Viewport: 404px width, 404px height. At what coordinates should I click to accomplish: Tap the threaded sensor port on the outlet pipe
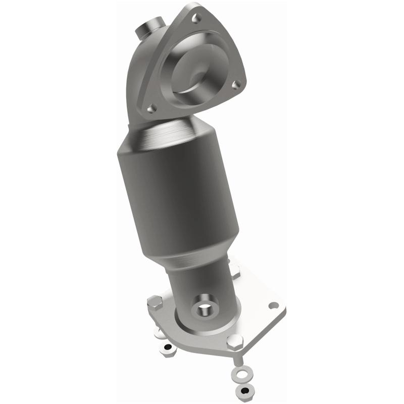pyautogui.click(x=205, y=308)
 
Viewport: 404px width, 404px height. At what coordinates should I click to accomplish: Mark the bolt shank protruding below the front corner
pyautogui.click(x=236, y=360)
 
